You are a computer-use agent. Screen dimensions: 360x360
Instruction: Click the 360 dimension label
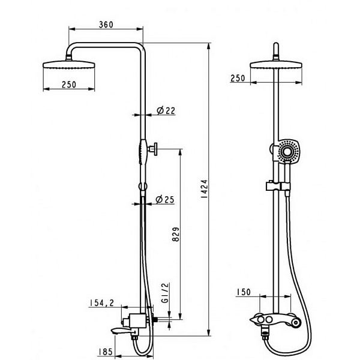(x=106, y=25)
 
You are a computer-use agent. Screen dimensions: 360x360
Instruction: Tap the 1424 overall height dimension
(x=204, y=189)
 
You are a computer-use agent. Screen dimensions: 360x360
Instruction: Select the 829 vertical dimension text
(x=176, y=234)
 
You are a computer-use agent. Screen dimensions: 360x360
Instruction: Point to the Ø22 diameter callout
(x=166, y=110)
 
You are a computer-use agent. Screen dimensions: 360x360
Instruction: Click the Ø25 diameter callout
(x=165, y=200)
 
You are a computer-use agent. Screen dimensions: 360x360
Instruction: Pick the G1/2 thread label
(x=165, y=293)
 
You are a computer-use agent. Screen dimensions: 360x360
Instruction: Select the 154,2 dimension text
(x=101, y=303)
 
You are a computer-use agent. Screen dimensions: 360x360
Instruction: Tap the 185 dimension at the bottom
(x=106, y=352)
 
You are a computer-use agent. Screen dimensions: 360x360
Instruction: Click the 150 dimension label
(x=244, y=292)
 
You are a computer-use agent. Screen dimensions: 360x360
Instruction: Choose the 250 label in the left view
(x=69, y=85)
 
